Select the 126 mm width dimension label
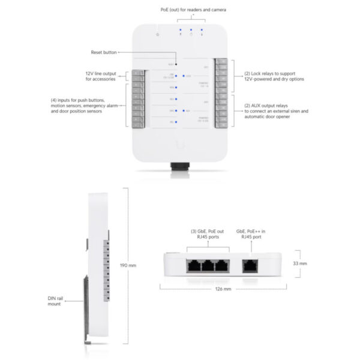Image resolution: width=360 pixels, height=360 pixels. pyautogui.click(x=223, y=288)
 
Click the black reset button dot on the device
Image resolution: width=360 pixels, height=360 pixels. pyautogui.click(x=176, y=62)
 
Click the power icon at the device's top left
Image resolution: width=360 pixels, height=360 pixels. pyautogui.click(x=157, y=35)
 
